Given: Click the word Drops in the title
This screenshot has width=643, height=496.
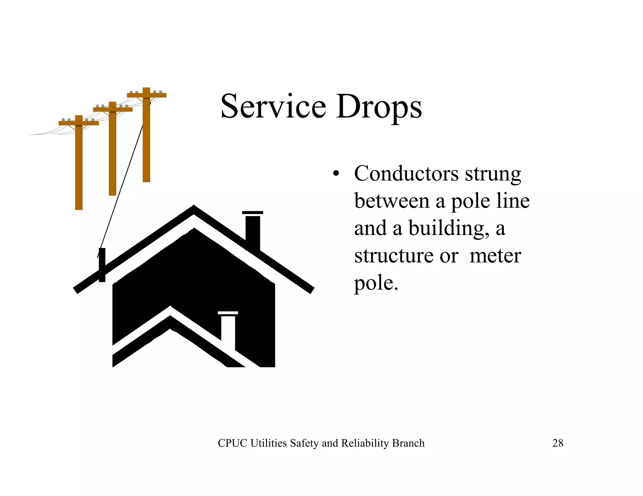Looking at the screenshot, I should [x=379, y=107].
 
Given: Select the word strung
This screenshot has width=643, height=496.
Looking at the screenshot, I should [x=493, y=174].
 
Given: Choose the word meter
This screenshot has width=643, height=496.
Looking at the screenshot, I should [x=495, y=256].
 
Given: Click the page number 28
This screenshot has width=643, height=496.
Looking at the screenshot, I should [x=558, y=443].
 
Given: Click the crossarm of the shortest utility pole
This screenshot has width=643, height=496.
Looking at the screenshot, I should [x=78, y=123].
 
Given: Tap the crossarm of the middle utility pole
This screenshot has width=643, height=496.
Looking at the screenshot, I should [x=113, y=109].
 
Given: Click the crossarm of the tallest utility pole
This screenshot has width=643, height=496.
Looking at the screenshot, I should [x=147, y=95].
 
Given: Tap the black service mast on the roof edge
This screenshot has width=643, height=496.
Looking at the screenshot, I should [x=102, y=265].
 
